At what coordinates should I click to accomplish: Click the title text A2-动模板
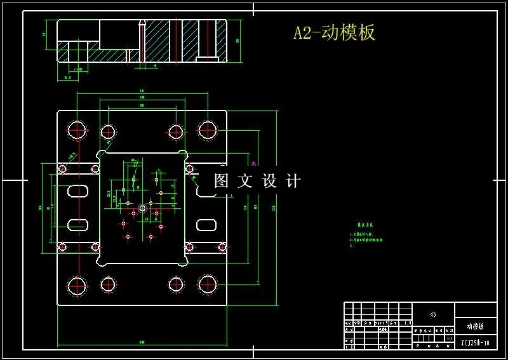coord(334,33)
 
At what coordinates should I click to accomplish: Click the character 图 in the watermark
coord(221,181)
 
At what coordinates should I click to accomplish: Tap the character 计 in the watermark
coord(293,181)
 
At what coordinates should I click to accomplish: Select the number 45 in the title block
coord(433,314)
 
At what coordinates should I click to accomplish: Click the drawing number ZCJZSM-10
coord(475,343)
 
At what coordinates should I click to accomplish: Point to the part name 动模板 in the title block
coord(475,326)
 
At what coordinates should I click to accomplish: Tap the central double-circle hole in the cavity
coord(142,208)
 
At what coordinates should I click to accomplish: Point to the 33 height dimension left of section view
coord(44,35)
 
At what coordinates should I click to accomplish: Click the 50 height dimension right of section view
coord(237,41)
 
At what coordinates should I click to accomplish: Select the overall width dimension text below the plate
coord(141,342)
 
